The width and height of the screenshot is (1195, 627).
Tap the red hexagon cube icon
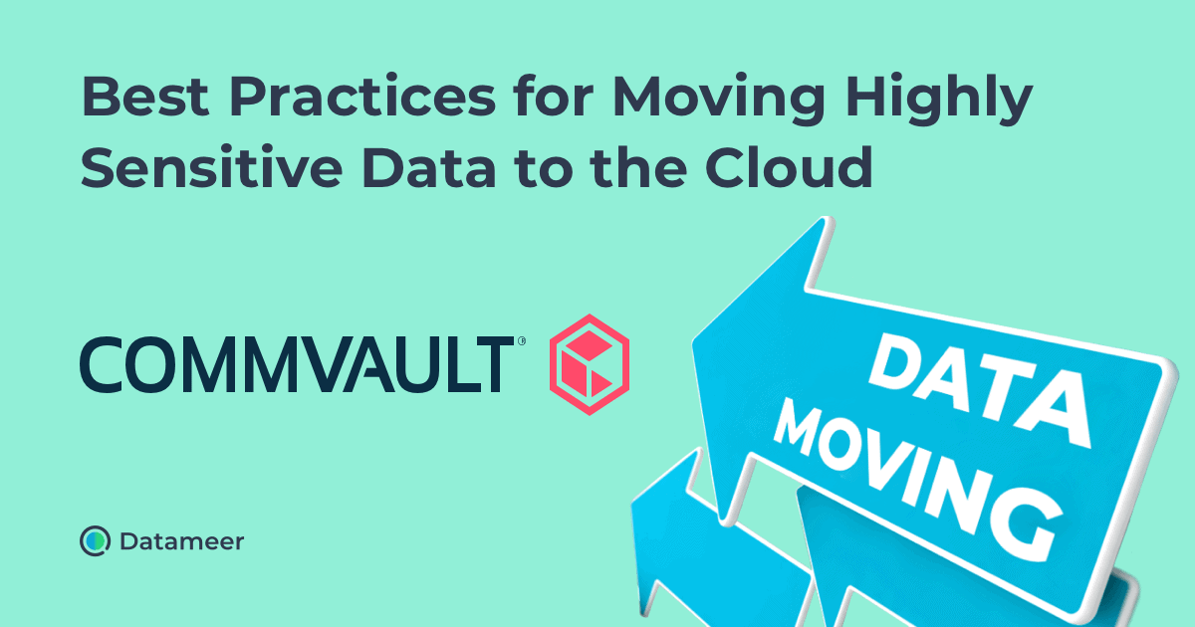click(590, 364)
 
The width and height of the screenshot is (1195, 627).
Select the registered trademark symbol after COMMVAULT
click(521, 341)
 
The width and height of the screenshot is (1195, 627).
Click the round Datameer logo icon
click(95, 540)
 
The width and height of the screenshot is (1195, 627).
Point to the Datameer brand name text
click(181, 541)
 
